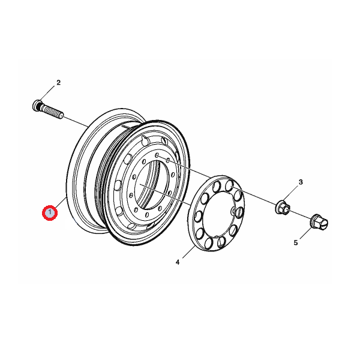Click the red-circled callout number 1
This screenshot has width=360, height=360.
tap(50, 212)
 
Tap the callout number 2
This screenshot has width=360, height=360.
tap(59, 82)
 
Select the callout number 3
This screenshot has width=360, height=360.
tap(301, 182)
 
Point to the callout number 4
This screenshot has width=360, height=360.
tap(178, 262)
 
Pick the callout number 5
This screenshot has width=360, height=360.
tap(296, 242)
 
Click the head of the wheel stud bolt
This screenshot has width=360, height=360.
tap(37, 105)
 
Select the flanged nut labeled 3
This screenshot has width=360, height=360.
tap(283, 208)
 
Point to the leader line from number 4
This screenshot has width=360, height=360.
tap(188, 252)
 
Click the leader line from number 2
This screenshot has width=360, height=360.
tap(47, 93)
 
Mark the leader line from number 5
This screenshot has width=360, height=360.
tap(306, 233)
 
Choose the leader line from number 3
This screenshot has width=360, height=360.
tap(292, 193)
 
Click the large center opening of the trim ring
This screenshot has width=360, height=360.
tap(219, 214)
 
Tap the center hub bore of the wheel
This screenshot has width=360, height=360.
tap(147, 185)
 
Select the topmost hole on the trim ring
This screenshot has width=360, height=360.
tap(229, 185)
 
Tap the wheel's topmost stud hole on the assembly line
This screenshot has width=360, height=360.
tap(157, 155)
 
